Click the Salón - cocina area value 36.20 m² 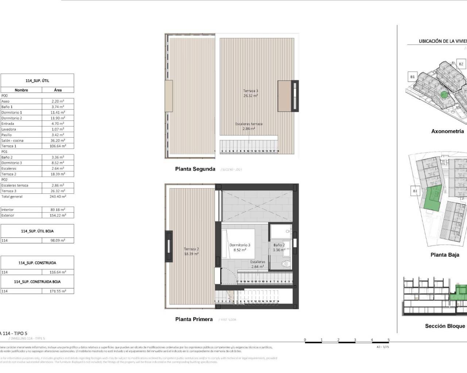(58, 140)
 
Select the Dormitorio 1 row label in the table (12, 113)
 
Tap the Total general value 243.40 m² (58, 197)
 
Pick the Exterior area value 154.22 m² (58, 215)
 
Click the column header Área (58, 90)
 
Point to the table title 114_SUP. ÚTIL (37, 81)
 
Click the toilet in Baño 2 (286, 264)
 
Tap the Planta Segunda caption (195, 169)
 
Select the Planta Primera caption (194, 319)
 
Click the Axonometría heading (447, 131)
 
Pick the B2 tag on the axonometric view (461, 64)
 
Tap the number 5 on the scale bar (389, 340)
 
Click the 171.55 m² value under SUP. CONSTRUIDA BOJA (58, 291)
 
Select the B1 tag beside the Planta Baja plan (415, 191)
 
